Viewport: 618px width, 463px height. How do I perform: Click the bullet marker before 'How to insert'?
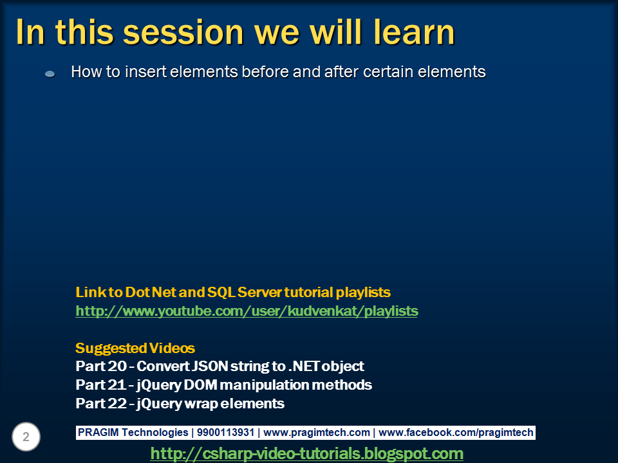[x=50, y=75]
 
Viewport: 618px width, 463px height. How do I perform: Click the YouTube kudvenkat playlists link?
[x=247, y=311]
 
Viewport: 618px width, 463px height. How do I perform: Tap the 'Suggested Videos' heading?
[x=135, y=349]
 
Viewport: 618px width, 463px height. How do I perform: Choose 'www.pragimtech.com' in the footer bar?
[x=317, y=433]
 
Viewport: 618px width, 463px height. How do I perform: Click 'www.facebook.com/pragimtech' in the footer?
[x=456, y=433]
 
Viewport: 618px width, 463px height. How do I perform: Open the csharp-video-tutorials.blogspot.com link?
[x=306, y=453]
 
